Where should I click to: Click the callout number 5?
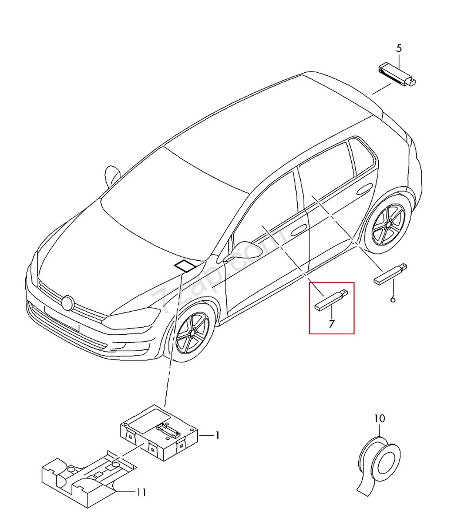pyautogui.click(x=398, y=48)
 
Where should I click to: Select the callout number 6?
pyautogui.click(x=392, y=299)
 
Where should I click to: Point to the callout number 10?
pyautogui.click(x=379, y=418)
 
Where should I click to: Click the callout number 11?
pyautogui.click(x=141, y=492)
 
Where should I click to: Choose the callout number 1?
pyautogui.click(x=217, y=436)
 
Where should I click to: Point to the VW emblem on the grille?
pyautogui.click(x=68, y=303)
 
